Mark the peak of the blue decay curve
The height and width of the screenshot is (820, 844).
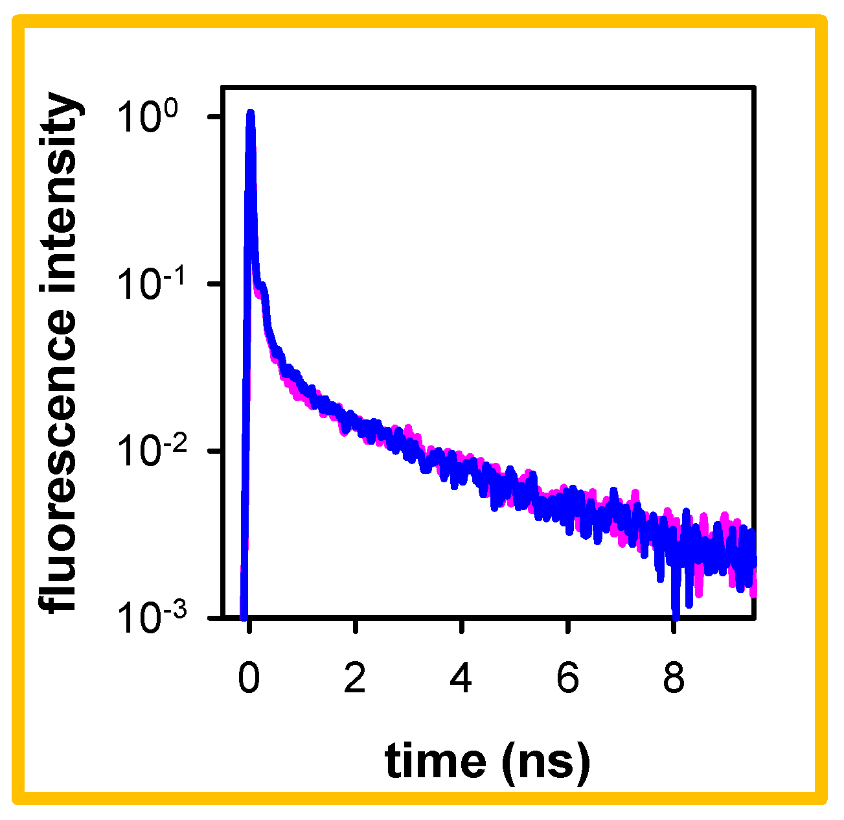click(x=251, y=113)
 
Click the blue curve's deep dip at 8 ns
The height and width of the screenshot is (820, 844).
click(x=676, y=613)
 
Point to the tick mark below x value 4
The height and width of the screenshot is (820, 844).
click(x=461, y=625)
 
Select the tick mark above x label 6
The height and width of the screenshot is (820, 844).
click(x=567, y=625)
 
